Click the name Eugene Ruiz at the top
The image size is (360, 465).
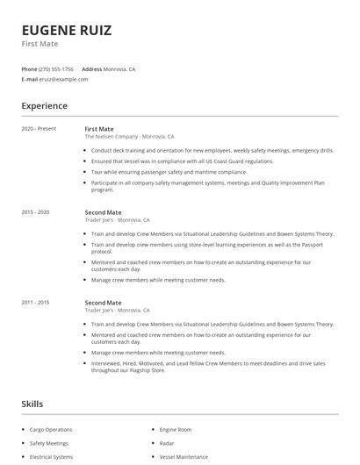[67, 31]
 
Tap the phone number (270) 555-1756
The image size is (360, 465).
[56, 68]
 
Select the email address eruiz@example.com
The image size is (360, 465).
[64, 79]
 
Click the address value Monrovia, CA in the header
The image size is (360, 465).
[119, 68]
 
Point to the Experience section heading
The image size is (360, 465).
[44, 106]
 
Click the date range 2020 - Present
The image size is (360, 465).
[39, 129]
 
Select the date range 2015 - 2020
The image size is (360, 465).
[35, 212]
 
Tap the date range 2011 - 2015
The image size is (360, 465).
[35, 303]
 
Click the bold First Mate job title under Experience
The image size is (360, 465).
[99, 129]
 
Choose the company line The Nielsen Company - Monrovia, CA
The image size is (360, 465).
[129, 137]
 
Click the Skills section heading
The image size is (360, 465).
[32, 404]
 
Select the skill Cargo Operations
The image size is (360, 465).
[51, 430]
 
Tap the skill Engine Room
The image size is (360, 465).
[176, 430]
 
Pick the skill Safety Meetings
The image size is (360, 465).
[50, 443]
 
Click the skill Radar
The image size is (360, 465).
[168, 443]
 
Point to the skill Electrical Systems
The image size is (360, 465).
[52, 457]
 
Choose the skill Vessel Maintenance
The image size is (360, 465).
[184, 457]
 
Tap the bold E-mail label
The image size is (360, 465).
[30, 79]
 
